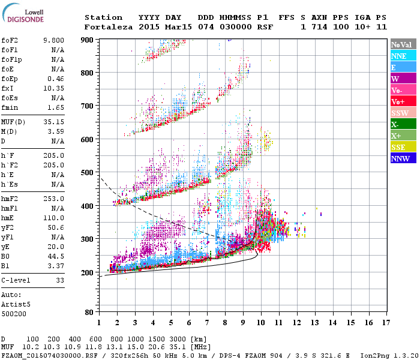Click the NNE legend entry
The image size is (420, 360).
pos(403,56)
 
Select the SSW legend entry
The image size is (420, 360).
pos(403,113)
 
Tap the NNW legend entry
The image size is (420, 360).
pos(403,158)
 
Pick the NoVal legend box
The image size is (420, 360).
pos(403,44)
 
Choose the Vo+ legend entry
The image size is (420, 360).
pos(403,101)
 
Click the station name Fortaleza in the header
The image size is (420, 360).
pos(103,27)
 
